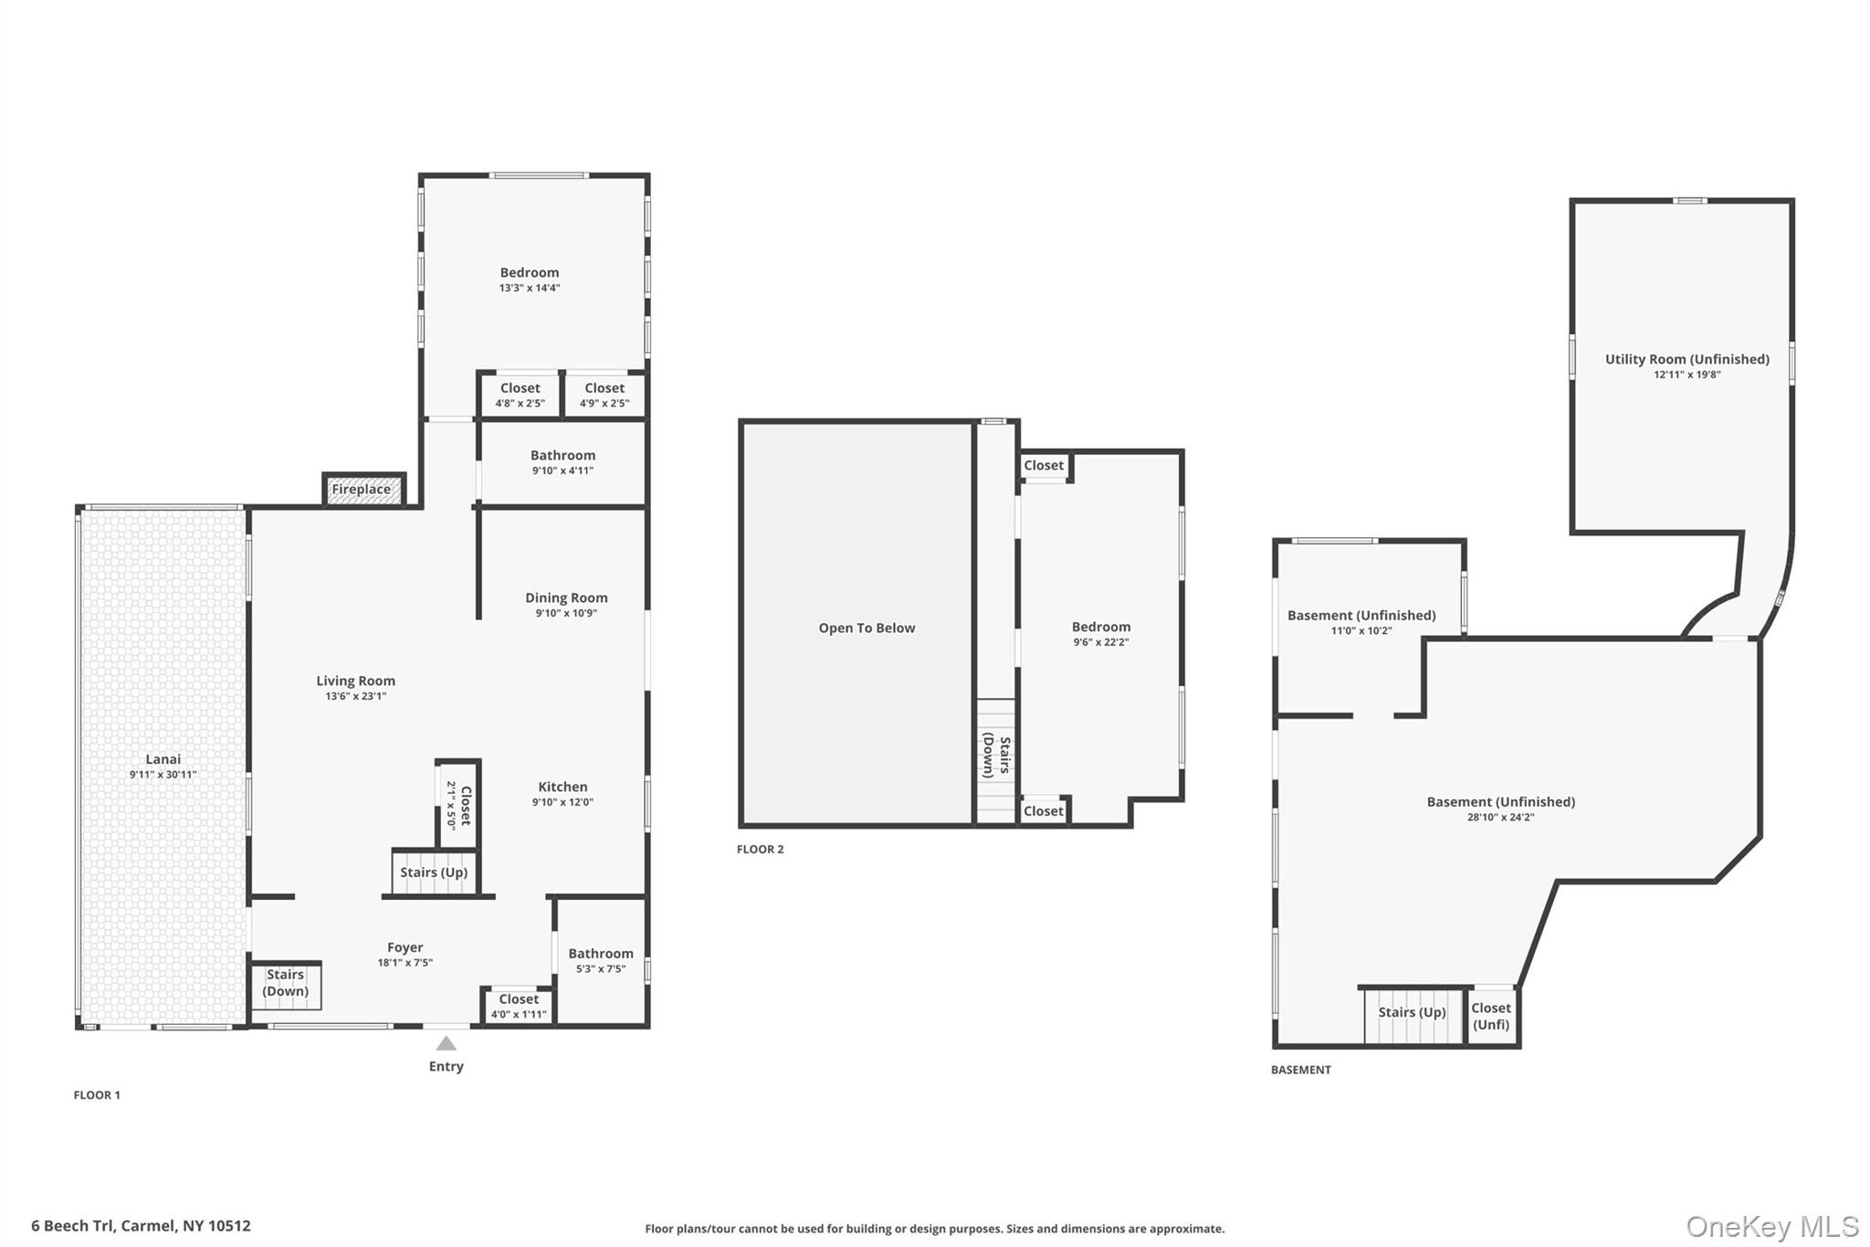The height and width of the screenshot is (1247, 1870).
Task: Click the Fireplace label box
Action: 362,490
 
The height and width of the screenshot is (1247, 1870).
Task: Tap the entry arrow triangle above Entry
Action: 446,1043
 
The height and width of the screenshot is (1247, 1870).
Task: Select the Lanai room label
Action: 163,759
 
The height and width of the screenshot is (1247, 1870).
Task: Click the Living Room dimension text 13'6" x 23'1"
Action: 355,696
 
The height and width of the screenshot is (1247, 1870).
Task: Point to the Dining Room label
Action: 566,598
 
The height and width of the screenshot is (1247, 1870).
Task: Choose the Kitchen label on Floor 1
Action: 562,787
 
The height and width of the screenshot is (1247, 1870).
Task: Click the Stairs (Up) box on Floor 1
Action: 434,872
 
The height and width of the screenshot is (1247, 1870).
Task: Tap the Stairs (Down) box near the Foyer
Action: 286,984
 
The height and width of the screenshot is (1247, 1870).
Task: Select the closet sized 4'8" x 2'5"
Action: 520,395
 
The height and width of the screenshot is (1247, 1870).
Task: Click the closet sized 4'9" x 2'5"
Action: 604,395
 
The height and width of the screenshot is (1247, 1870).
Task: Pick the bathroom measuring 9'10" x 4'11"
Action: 562,462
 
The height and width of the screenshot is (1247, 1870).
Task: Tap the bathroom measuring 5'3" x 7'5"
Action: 600,960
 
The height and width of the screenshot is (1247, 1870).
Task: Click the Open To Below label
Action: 867,628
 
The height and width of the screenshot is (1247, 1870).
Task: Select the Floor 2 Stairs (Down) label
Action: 996,756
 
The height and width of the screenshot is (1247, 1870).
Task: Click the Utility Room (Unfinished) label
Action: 1686,360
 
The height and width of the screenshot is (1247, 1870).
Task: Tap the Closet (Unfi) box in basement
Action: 1491,1016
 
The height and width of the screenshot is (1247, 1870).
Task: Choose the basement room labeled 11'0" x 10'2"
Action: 1361,622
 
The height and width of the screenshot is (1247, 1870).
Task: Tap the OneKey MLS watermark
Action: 1771,1227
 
